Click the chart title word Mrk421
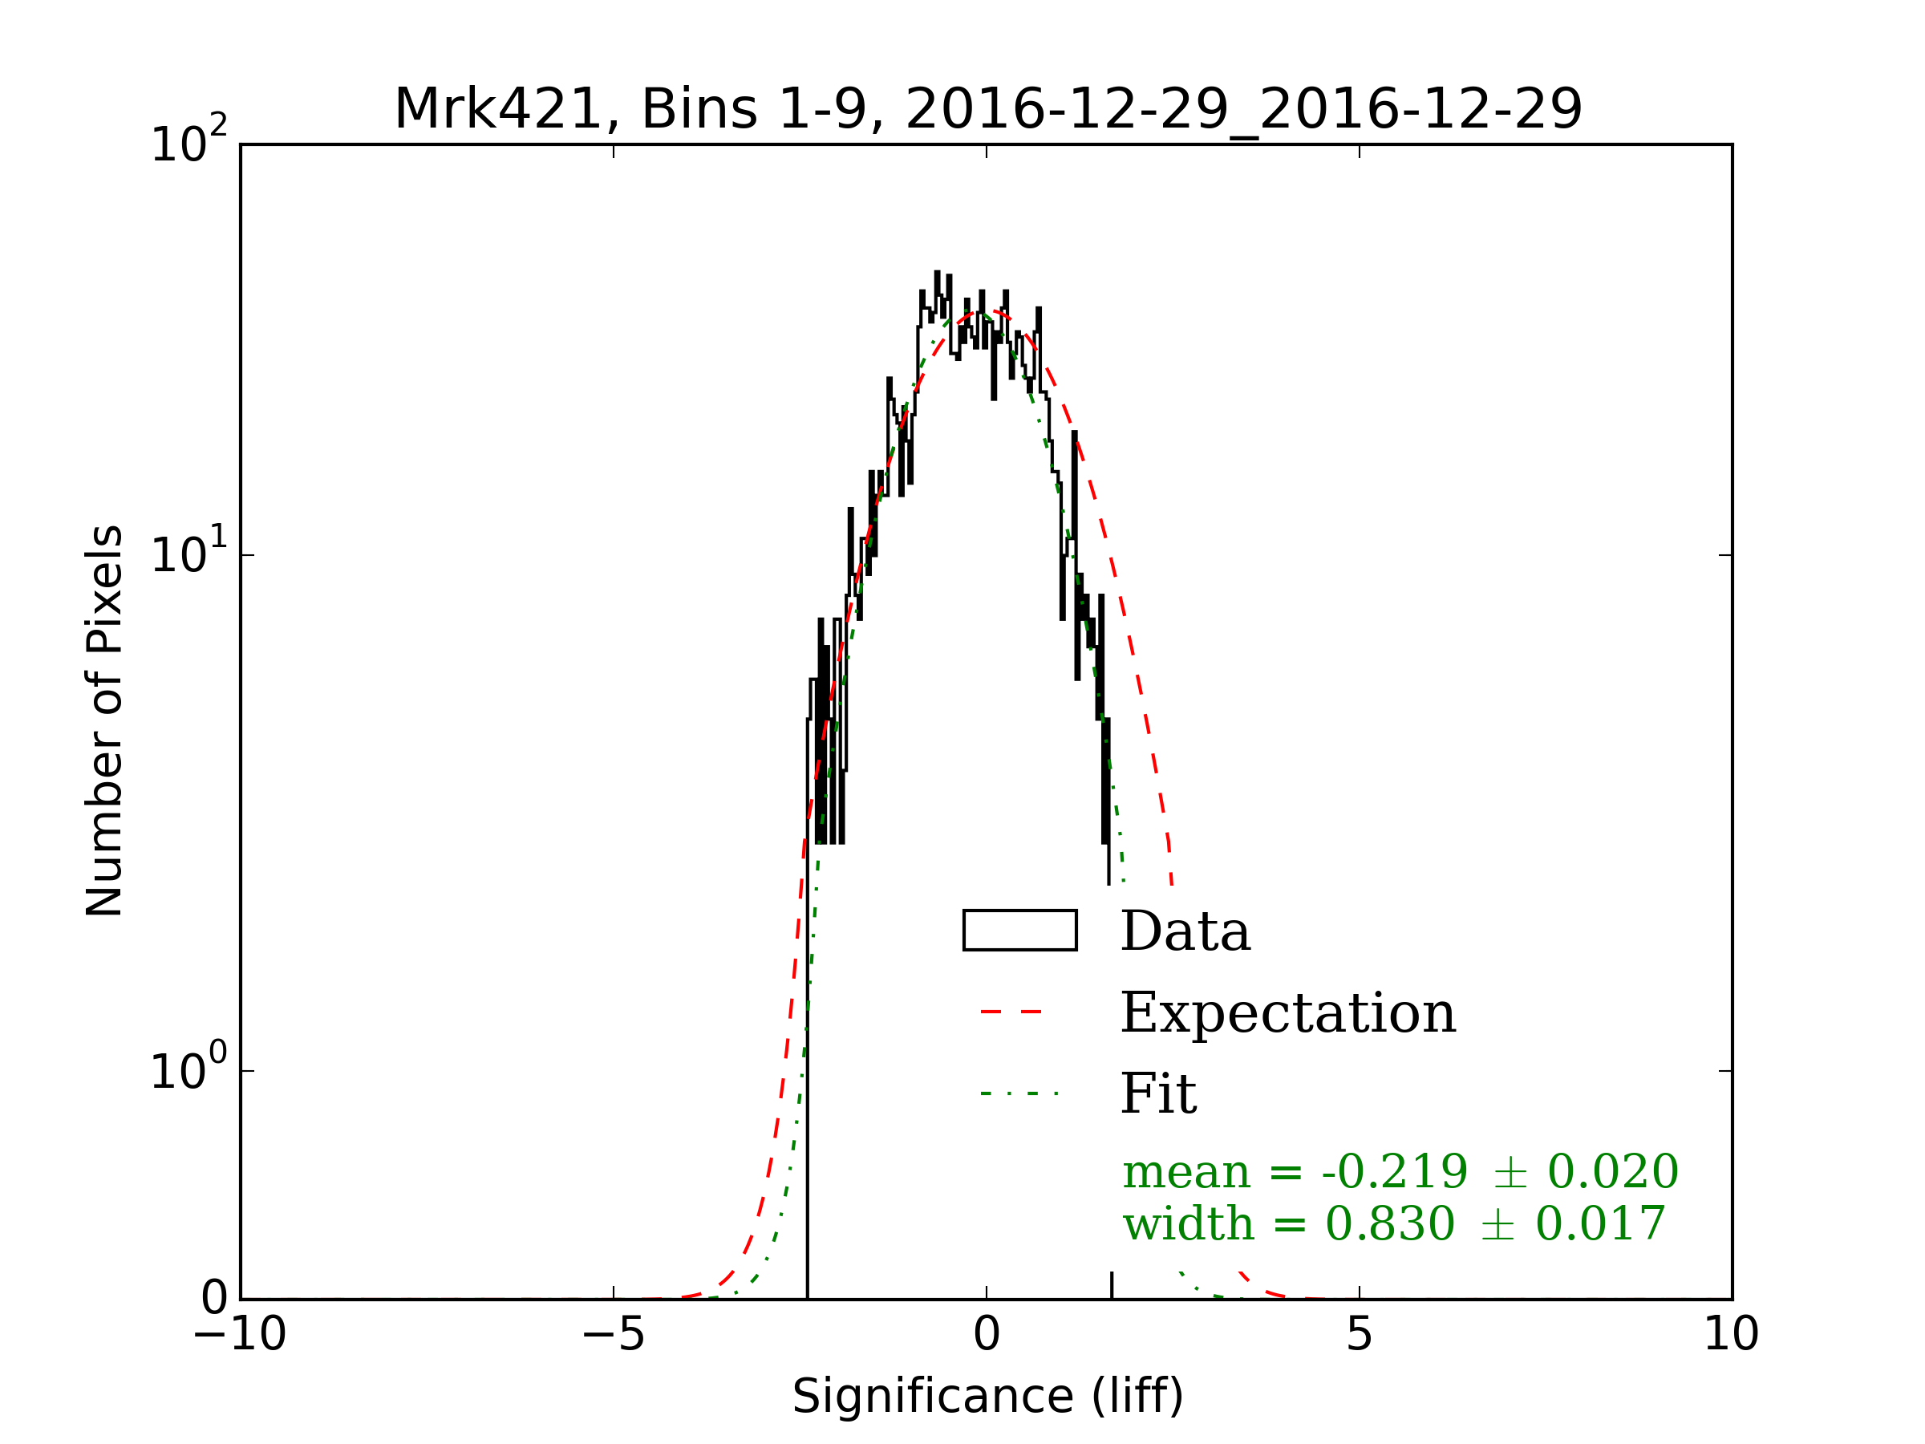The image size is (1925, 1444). [498, 110]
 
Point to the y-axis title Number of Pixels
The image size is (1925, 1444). [104, 720]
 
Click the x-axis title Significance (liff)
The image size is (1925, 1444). [987, 1397]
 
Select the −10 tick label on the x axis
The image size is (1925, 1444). [239, 1334]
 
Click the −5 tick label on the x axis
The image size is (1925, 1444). [613, 1334]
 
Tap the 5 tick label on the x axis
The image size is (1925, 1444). [1359, 1334]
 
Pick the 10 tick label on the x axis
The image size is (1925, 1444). [1730, 1334]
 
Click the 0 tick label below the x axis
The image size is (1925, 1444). [986, 1334]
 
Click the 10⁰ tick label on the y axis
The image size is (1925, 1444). [188, 1069]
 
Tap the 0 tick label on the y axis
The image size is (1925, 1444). [214, 1299]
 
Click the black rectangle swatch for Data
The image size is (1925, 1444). [1019, 931]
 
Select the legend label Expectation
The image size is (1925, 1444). [1288, 1013]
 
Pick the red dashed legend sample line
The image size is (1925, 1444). [1011, 1012]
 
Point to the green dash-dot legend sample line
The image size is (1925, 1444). [1018, 1093]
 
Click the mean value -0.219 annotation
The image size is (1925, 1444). [1394, 1171]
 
